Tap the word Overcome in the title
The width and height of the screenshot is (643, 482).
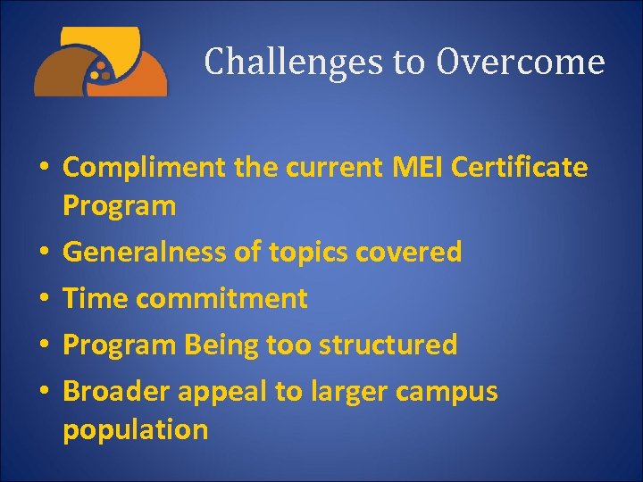click(x=521, y=62)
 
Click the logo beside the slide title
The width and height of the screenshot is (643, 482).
click(x=100, y=62)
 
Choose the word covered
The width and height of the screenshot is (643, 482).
click(x=409, y=253)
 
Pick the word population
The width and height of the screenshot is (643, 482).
click(x=135, y=430)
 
